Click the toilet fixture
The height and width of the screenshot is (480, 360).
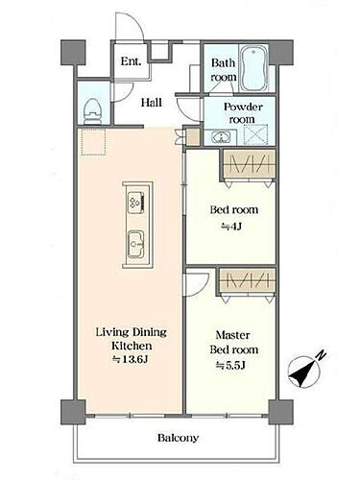pyautogui.click(x=93, y=110)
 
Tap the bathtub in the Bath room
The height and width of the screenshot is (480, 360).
pyautogui.click(x=253, y=68)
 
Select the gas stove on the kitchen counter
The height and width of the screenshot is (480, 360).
pyautogui.click(x=137, y=202)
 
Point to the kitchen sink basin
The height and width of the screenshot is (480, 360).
pyautogui.click(x=136, y=244)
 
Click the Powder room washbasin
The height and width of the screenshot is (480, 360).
pyautogui.click(x=222, y=137)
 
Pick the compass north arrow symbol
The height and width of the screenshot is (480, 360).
pyautogui.click(x=304, y=372)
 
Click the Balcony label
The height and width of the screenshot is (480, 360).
pyautogui.click(x=178, y=438)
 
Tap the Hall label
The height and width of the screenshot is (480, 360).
pyautogui.click(x=152, y=103)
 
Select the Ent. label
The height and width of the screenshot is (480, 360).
pyautogui.click(x=131, y=61)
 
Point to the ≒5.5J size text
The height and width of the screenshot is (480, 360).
pyautogui.click(x=230, y=365)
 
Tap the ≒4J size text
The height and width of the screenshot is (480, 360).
pyautogui.click(x=231, y=227)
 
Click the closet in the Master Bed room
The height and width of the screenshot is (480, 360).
pyautogui.click(x=248, y=281)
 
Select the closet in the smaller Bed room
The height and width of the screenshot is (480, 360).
pyautogui.click(x=249, y=165)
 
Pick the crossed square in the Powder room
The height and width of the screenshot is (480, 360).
pyautogui.click(x=255, y=135)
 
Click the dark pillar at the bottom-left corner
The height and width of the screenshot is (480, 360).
pyautogui.click(x=73, y=412)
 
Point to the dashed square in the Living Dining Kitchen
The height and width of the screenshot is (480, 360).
pyautogui.click(x=93, y=141)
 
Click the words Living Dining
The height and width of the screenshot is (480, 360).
pyautogui.click(x=132, y=332)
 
